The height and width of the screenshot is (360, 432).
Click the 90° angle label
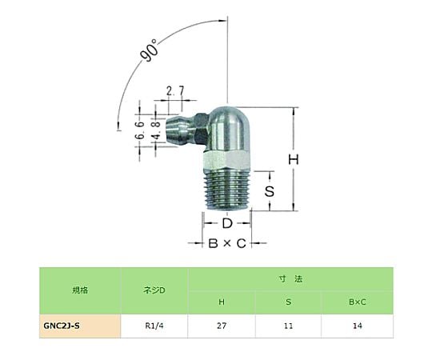150,50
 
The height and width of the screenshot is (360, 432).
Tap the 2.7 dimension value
175,90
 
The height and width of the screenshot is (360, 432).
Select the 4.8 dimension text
156,130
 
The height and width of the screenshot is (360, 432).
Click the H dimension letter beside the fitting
294,159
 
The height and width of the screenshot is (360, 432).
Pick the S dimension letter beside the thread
270,191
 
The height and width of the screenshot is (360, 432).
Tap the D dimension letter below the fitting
227,223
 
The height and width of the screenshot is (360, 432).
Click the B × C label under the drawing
227,243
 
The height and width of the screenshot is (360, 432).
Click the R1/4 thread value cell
154,326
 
